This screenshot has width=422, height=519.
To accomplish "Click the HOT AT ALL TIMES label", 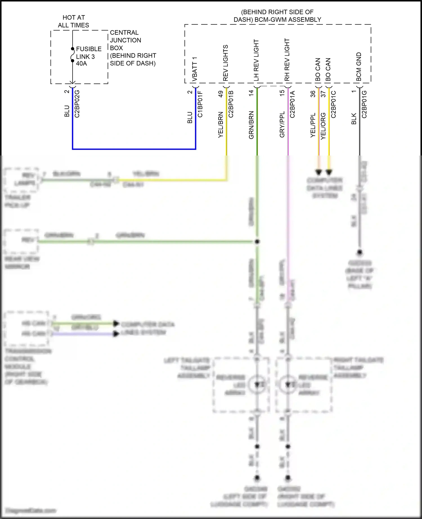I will (73, 21).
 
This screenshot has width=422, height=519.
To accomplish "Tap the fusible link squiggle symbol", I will (72, 55).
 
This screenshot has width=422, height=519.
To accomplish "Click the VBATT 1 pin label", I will (195, 69).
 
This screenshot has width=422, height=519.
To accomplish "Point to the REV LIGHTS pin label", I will (225, 63).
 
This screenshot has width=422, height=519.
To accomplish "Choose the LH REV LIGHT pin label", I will (256, 60).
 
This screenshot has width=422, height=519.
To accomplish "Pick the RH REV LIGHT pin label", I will (287, 60).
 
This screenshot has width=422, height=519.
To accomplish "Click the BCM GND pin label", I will (359, 67).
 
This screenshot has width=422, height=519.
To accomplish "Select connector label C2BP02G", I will (77, 103).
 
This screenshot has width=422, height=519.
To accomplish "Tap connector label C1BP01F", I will (200, 104).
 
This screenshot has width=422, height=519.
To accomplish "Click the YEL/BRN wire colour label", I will (221, 125).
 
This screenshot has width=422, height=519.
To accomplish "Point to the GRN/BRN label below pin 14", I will (251, 125).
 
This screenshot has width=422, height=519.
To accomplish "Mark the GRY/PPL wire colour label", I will (282, 124).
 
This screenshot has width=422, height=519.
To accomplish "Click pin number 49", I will (221, 94).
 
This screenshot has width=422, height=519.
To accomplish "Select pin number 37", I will (323, 94).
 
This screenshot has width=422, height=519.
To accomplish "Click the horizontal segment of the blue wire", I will (134, 149).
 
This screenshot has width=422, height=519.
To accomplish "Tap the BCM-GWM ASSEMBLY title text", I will (277, 16).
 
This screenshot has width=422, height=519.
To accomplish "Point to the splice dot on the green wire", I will (257, 242).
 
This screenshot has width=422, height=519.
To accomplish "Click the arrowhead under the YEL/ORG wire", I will (329, 172).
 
